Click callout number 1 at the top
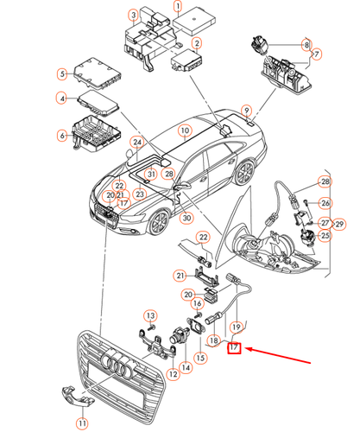pos(178,6)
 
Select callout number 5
pos(62,74)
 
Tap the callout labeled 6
pos(62,136)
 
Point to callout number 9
pos(247,111)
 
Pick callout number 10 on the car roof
pos(185,131)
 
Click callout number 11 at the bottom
pos(82,423)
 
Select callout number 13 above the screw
pos(151,316)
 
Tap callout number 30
pos(186,218)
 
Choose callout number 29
pos(339,224)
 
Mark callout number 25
pos(325,236)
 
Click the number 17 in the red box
pos(234,347)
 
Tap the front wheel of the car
pos(159,224)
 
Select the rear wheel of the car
pos(245,172)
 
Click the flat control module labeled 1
pos(194,21)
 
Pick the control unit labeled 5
pos(98,73)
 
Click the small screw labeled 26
pos(306,202)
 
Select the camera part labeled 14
pos(180,334)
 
